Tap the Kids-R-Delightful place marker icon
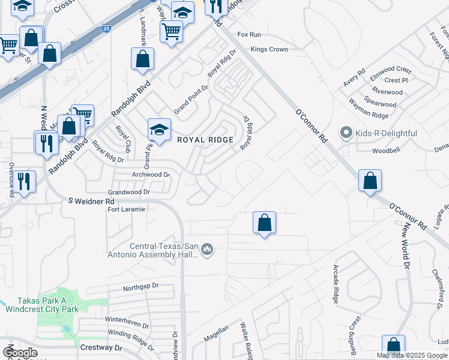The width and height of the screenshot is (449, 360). tap(345, 132)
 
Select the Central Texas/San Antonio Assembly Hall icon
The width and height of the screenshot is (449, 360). tap(207, 248)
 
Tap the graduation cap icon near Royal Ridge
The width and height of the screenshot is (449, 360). tap(159, 130)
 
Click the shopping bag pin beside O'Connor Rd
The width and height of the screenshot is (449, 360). tap(370, 181)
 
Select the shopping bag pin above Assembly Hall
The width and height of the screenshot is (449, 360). tap(264, 223)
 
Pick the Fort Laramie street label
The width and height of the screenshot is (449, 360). tap(126, 209)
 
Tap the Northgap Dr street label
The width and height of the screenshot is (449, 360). tap(140, 287)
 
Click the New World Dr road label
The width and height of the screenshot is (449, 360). tap(406, 245)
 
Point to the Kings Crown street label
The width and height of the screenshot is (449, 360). tap(270, 49)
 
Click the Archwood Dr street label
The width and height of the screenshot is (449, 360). tap(151, 175)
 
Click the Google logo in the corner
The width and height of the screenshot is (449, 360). tap(20, 353)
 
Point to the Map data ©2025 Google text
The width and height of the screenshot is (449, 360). tap(412, 355)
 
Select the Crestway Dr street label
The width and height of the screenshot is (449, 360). tap(101, 347)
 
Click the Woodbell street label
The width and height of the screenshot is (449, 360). tap(386, 151)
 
